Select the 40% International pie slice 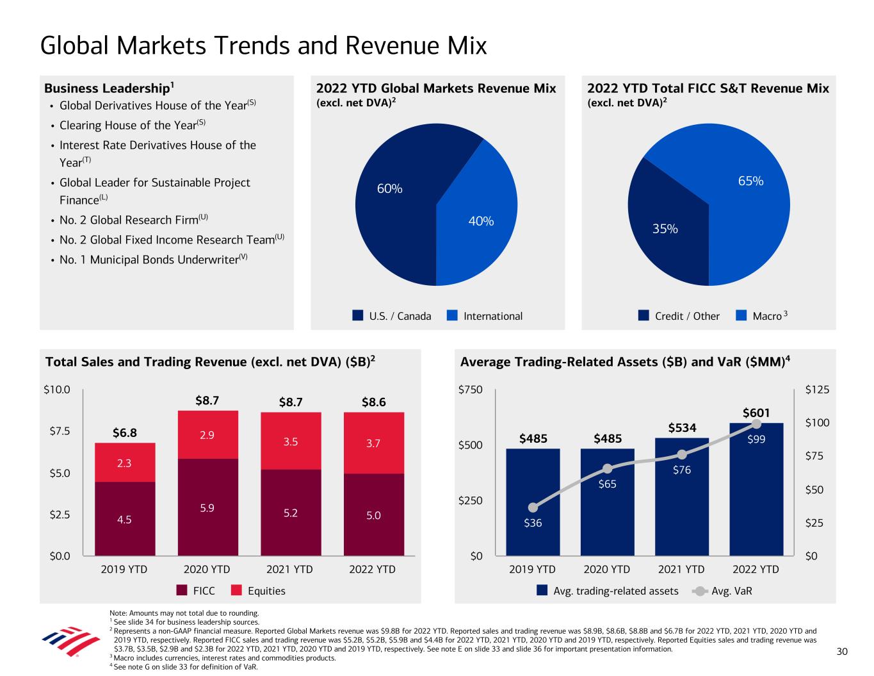click(477, 218)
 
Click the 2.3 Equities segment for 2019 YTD click(125, 463)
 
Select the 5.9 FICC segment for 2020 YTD click(207, 507)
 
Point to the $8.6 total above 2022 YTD click(373, 402)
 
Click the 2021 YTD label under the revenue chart click(290, 569)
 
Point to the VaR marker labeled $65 click(608, 468)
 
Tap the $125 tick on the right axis click(818, 390)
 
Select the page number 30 click(842, 652)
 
